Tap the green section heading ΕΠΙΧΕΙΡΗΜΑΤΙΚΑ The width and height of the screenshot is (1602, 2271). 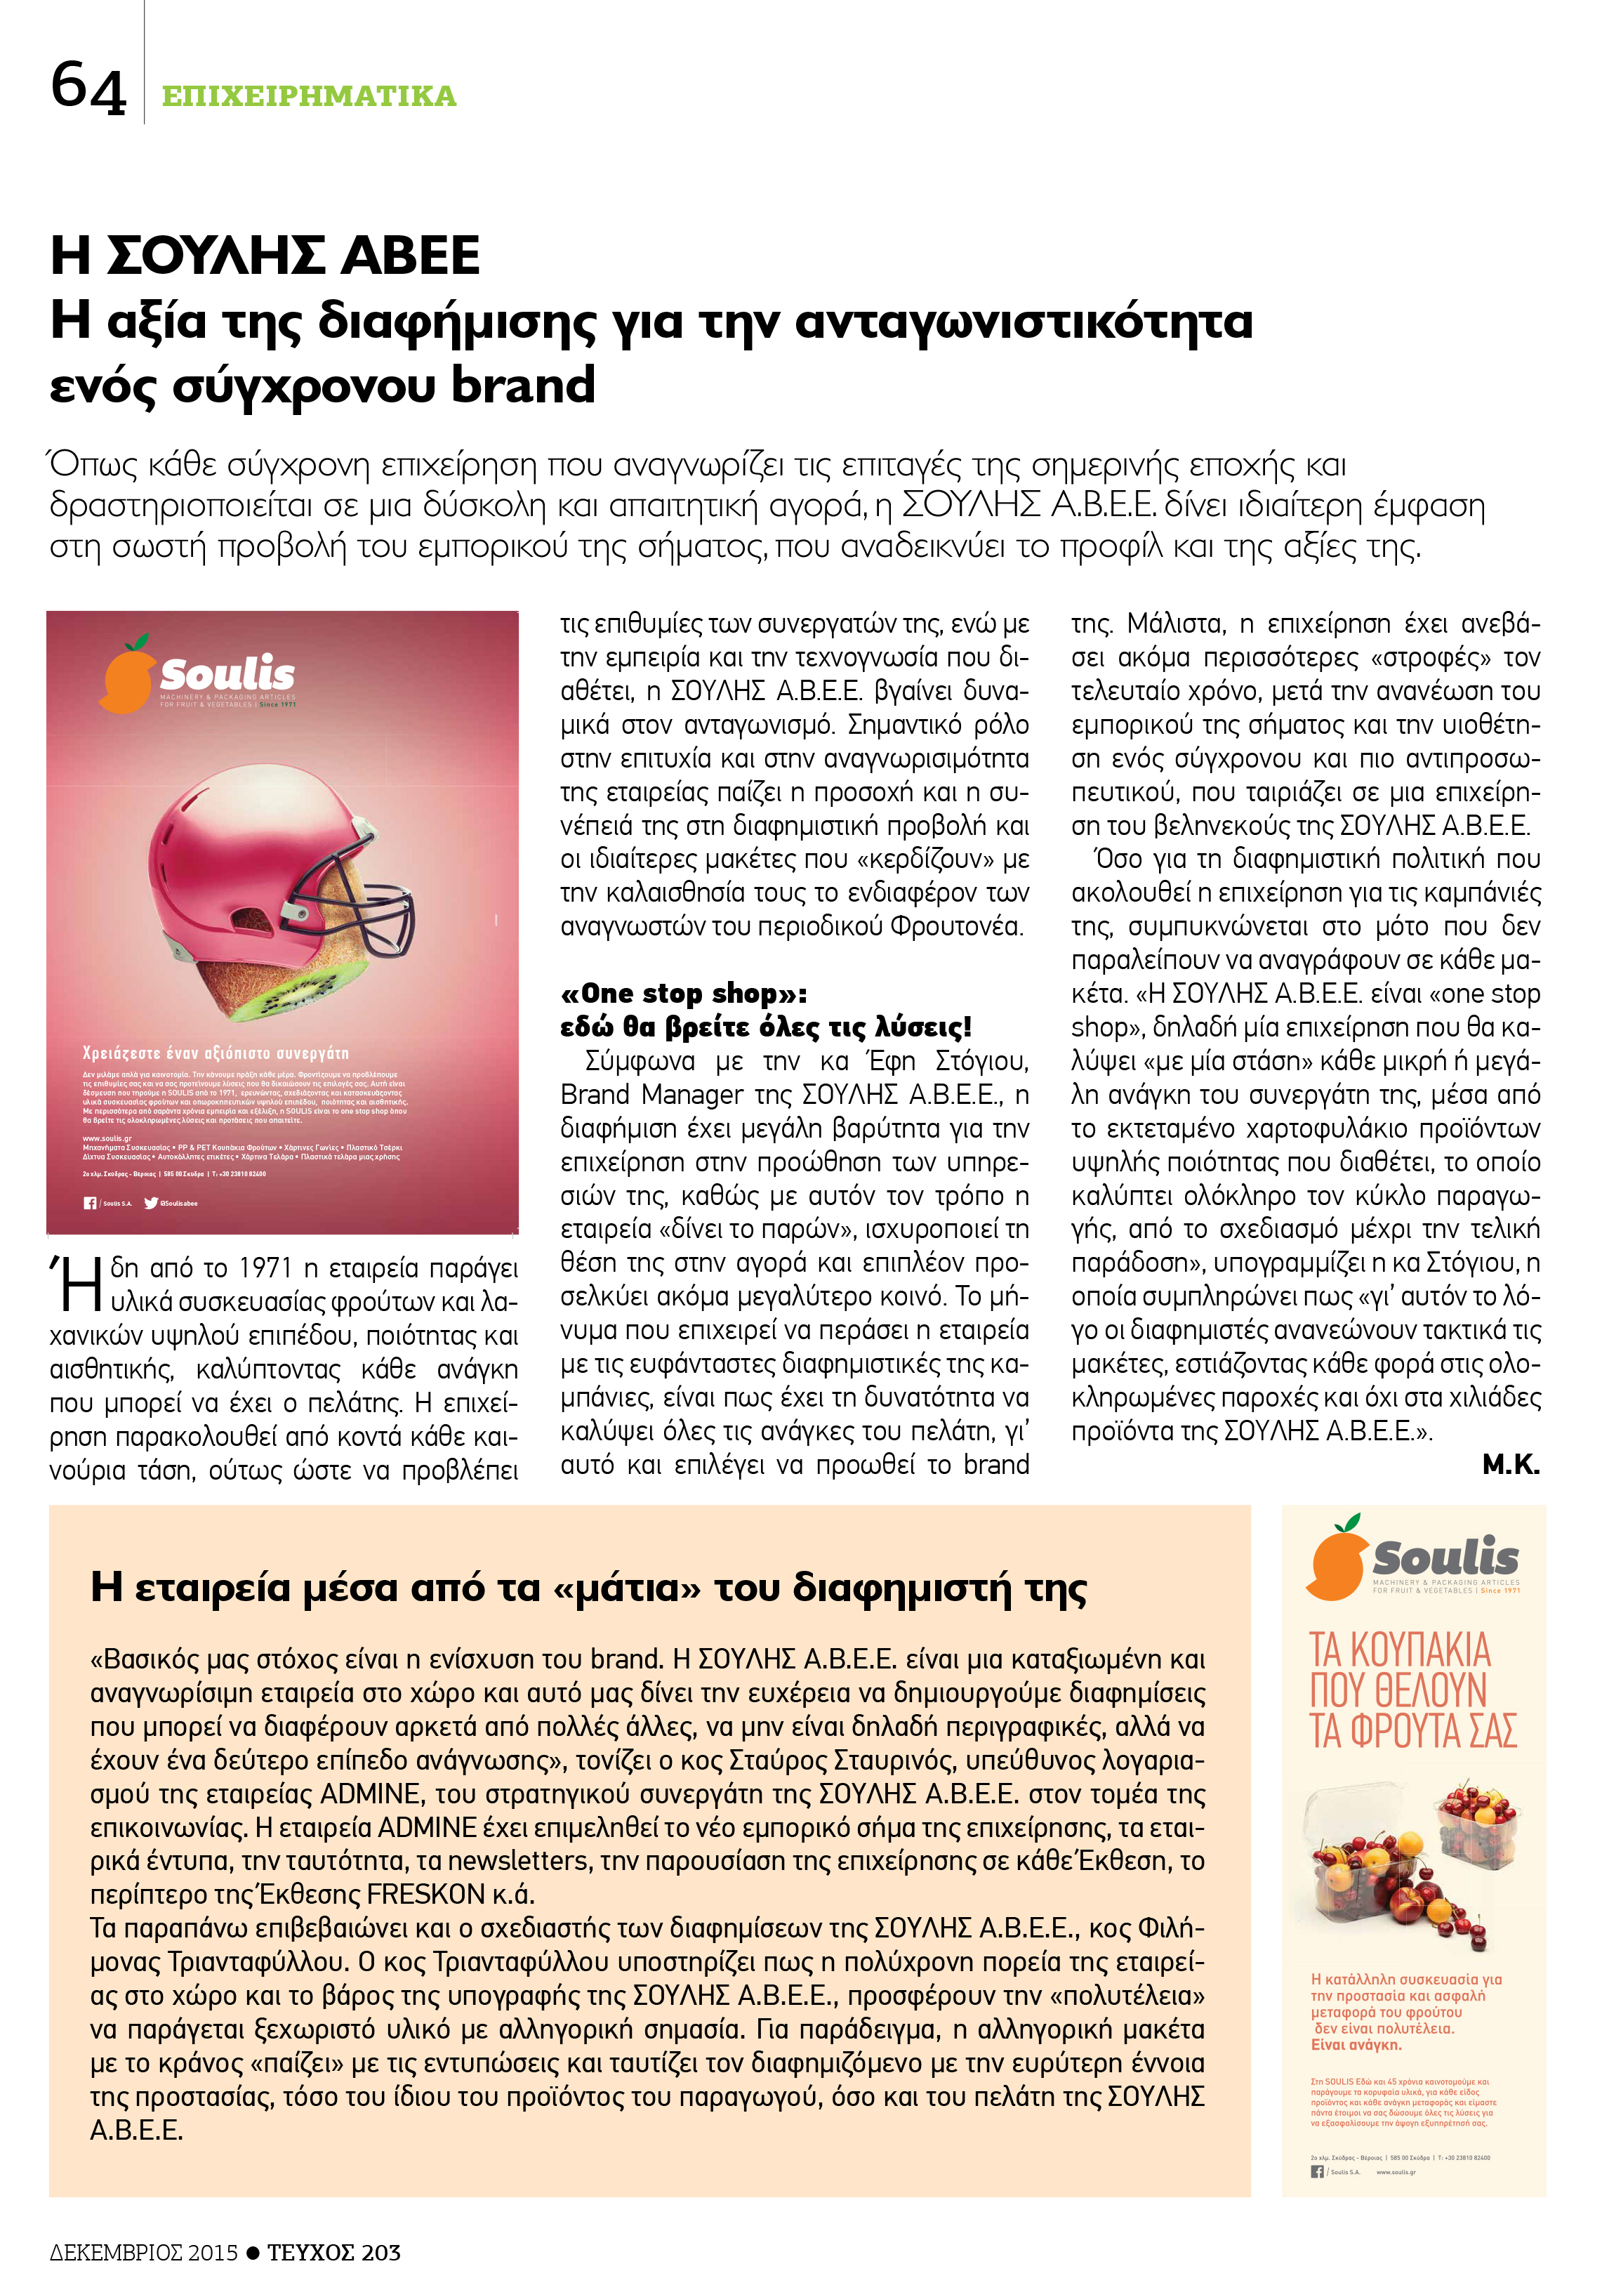(x=307, y=96)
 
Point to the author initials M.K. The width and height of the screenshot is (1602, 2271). (x=1510, y=1465)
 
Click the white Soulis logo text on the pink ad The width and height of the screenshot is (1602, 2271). (x=227, y=675)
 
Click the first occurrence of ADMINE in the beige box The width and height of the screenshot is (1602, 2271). (x=370, y=1793)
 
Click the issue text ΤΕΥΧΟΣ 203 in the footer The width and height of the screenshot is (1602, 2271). (x=333, y=2252)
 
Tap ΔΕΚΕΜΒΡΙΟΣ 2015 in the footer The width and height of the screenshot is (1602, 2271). (x=143, y=2252)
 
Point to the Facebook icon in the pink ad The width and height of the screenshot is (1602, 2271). (x=90, y=1203)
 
